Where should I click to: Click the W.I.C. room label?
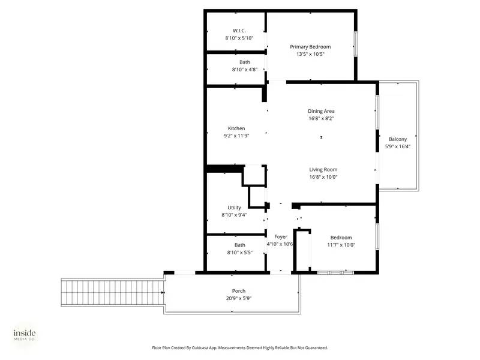pos(239,31)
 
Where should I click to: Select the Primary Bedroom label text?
pos(310,47)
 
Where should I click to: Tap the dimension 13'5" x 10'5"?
pos(310,54)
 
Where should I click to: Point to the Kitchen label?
pos(236,128)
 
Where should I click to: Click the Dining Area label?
pos(321,111)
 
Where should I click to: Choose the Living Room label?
pos(323,169)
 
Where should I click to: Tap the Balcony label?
pos(398,139)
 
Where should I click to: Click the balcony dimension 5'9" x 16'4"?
pos(398,146)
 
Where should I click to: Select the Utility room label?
pos(234,208)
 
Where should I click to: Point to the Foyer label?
pos(280,237)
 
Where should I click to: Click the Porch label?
pos(239,291)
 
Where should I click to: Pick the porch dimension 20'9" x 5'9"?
pos(239,298)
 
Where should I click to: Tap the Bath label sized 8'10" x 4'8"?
pos(245,62)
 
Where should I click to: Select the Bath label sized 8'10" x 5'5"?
pos(239,245)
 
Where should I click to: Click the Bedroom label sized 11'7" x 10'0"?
pos(341,238)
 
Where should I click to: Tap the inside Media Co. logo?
pos(25,335)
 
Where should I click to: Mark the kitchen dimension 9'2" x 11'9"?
pos(236,136)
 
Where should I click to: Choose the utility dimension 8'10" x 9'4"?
pos(234,215)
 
